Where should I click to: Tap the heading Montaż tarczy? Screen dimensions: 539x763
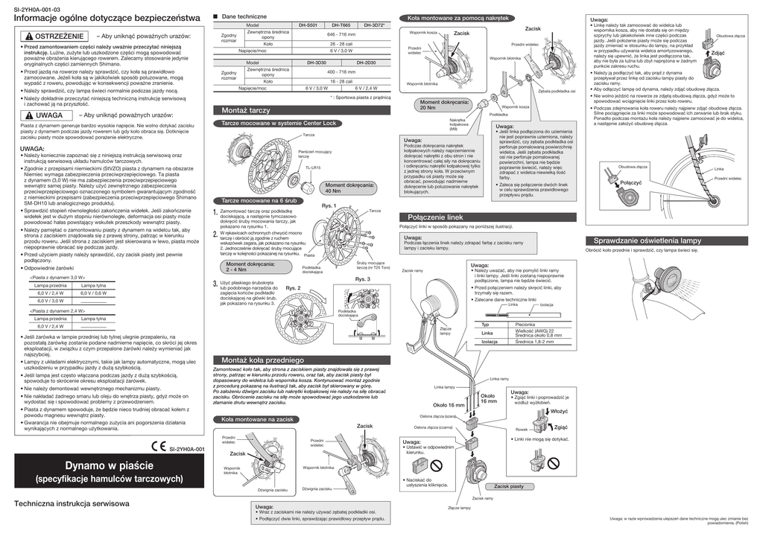point(245,110)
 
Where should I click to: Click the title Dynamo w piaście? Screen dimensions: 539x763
point(104,465)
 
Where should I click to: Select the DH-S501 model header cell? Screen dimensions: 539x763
point(308,25)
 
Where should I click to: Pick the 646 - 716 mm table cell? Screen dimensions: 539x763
point(341,34)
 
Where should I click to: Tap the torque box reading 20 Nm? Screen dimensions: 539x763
point(444,104)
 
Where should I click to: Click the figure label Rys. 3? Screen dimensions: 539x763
point(384,279)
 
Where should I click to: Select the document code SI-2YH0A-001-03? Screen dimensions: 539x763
point(38,7)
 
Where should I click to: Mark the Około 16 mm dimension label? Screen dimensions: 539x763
point(449,405)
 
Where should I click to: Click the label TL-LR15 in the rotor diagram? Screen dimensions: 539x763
point(311,168)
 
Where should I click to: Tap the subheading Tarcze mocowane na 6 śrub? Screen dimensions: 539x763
point(259,202)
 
